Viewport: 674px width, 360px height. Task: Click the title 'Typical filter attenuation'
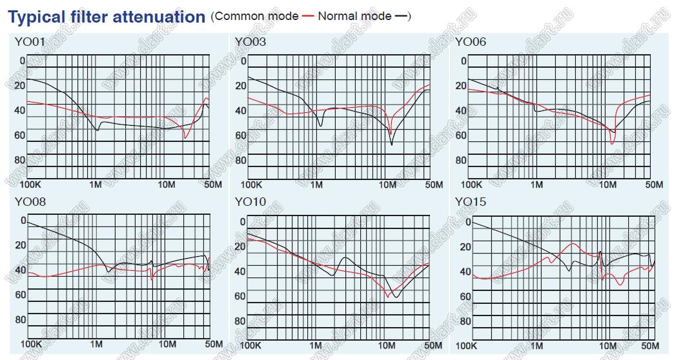[107, 17]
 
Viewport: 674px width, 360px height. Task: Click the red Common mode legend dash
[308, 16]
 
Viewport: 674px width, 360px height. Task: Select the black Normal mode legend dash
[401, 16]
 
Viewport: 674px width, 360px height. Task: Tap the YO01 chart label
[29, 43]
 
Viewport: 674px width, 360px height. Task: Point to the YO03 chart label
[250, 43]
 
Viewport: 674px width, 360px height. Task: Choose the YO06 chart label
[471, 43]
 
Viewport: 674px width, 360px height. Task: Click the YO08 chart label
[29, 203]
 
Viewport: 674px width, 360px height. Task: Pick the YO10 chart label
[250, 203]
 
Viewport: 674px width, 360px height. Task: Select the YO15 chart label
[471, 203]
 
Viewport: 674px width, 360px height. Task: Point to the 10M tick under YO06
[608, 185]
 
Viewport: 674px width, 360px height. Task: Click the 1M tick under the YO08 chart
[96, 345]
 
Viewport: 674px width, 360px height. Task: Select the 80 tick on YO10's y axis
[240, 321]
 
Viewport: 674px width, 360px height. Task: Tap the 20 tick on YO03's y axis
[240, 86]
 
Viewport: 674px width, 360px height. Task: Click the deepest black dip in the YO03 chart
[392, 145]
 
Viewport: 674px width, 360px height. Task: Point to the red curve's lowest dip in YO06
[612, 143]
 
